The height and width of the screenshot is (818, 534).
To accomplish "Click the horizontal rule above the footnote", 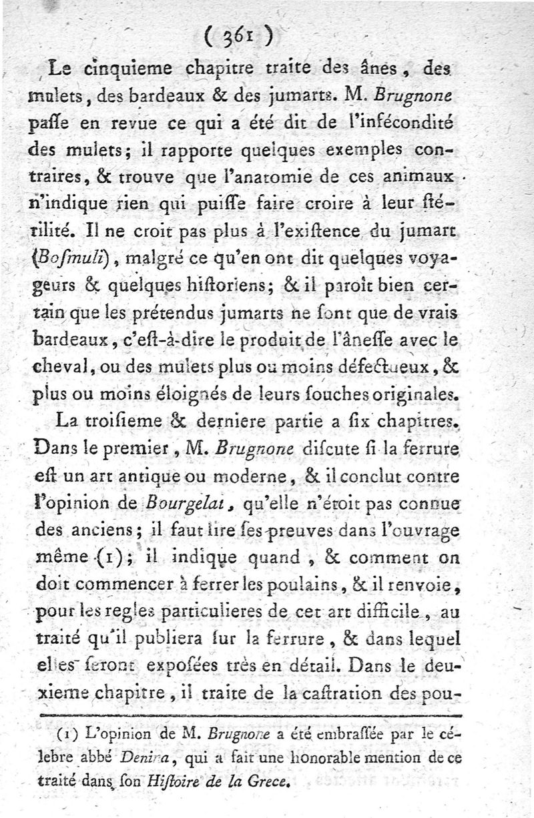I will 250,715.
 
